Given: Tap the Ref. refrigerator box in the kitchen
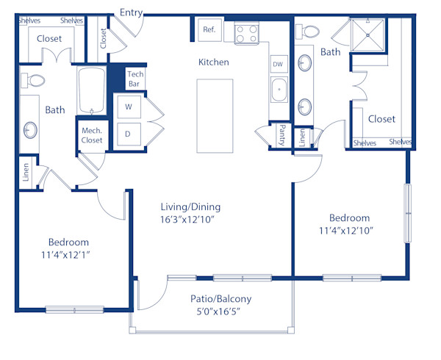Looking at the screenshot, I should pos(209,30).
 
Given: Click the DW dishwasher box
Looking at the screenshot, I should pos(278,64).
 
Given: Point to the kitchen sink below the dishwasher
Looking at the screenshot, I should pos(279,92).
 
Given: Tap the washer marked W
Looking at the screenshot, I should pos(128,107).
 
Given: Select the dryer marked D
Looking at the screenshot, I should pos(128,134).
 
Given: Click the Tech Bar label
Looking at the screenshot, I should pos(135,79).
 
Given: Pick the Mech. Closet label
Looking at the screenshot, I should pos(92,135).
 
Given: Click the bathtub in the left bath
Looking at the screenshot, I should pos(92,90).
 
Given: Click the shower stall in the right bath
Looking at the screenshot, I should pos(366,34).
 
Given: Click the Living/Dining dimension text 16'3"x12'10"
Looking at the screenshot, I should pos(190,220).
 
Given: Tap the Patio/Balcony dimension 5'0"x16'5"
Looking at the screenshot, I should pos(220,312).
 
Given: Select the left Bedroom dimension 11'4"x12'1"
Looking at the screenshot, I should pos(68,255).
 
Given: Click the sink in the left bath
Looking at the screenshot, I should pos(30,130).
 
